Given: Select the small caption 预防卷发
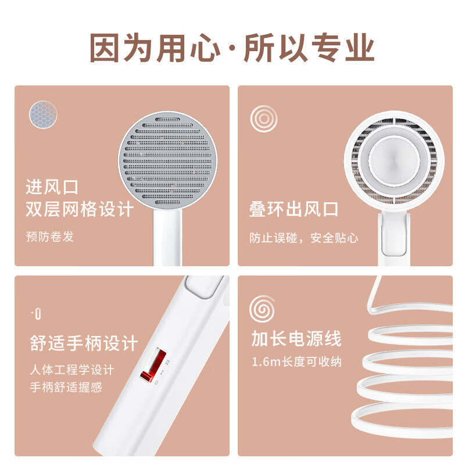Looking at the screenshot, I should pyautogui.click(x=50, y=237).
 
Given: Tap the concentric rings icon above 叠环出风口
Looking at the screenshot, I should pyautogui.click(x=263, y=119).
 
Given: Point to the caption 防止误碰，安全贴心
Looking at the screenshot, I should pyautogui.click(x=304, y=238).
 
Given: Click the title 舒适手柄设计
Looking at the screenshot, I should pyautogui.click(x=84, y=343).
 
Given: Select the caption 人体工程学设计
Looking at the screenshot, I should pyautogui.click(x=72, y=370).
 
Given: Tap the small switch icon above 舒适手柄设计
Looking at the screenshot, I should pyautogui.click(x=37, y=314).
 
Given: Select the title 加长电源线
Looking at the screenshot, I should pyautogui.click(x=296, y=338).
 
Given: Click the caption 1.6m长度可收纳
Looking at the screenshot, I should pyautogui.click(x=296, y=362).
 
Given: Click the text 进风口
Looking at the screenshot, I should pyautogui.click(x=52, y=187).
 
